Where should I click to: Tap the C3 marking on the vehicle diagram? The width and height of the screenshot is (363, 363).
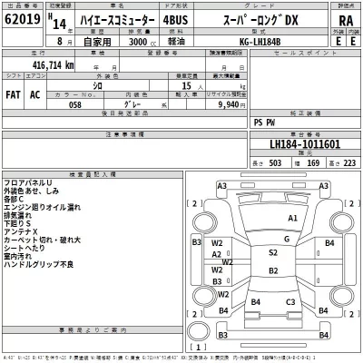click(x=291, y=301)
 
